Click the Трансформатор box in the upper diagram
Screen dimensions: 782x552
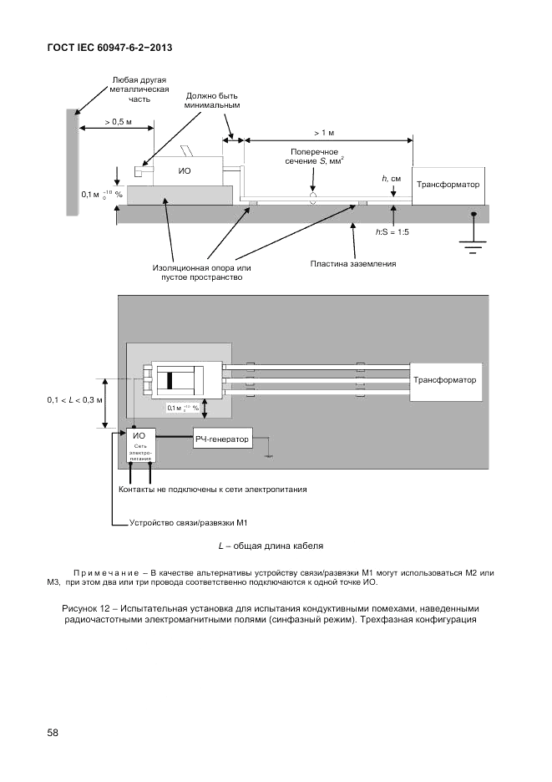pyautogui.click(x=448, y=185)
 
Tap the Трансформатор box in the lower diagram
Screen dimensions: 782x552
pyautogui.click(x=443, y=379)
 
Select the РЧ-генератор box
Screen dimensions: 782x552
pyautogui.click(x=222, y=438)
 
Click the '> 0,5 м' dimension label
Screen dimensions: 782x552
pyautogui.click(x=119, y=122)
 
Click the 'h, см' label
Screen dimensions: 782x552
pyautogui.click(x=392, y=179)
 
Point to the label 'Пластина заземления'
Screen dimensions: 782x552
pyautogui.click(x=353, y=263)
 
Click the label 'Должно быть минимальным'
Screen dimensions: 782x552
pyautogui.click(x=212, y=101)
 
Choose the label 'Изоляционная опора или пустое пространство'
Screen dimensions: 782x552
pyautogui.click(x=201, y=272)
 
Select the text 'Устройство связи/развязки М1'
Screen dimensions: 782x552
pyautogui.click(x=189, y=524)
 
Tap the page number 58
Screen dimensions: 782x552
pyautogui.click(x=53, y=733)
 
